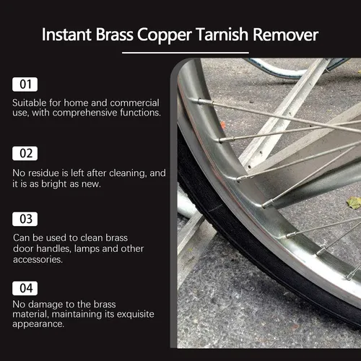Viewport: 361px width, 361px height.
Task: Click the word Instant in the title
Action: tap(66, 35)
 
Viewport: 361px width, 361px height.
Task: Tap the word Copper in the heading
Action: tap(165, 35)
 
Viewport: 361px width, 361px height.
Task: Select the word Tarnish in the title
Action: tap(222, 35)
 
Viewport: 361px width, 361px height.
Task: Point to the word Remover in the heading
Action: tap(286, 35)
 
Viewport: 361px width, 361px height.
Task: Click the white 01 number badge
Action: tap(25, 84)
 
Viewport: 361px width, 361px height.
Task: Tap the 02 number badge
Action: tap(25, 153)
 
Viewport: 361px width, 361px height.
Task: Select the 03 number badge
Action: tap(25, 219)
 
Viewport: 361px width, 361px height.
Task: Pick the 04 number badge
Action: tap(25, 288)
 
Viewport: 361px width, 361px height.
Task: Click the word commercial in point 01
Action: tap(134, 103)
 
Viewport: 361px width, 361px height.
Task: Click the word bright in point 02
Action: tap(54, 184)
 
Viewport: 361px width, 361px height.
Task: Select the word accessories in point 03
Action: tap(38, 259)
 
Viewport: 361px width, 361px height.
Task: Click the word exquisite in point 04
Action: tap(135, 314)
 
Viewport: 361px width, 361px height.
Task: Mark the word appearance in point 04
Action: tap(38, 324)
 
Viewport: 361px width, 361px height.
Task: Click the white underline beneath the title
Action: tap(186, 53)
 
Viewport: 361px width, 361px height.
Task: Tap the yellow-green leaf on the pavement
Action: tap(354, 202)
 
